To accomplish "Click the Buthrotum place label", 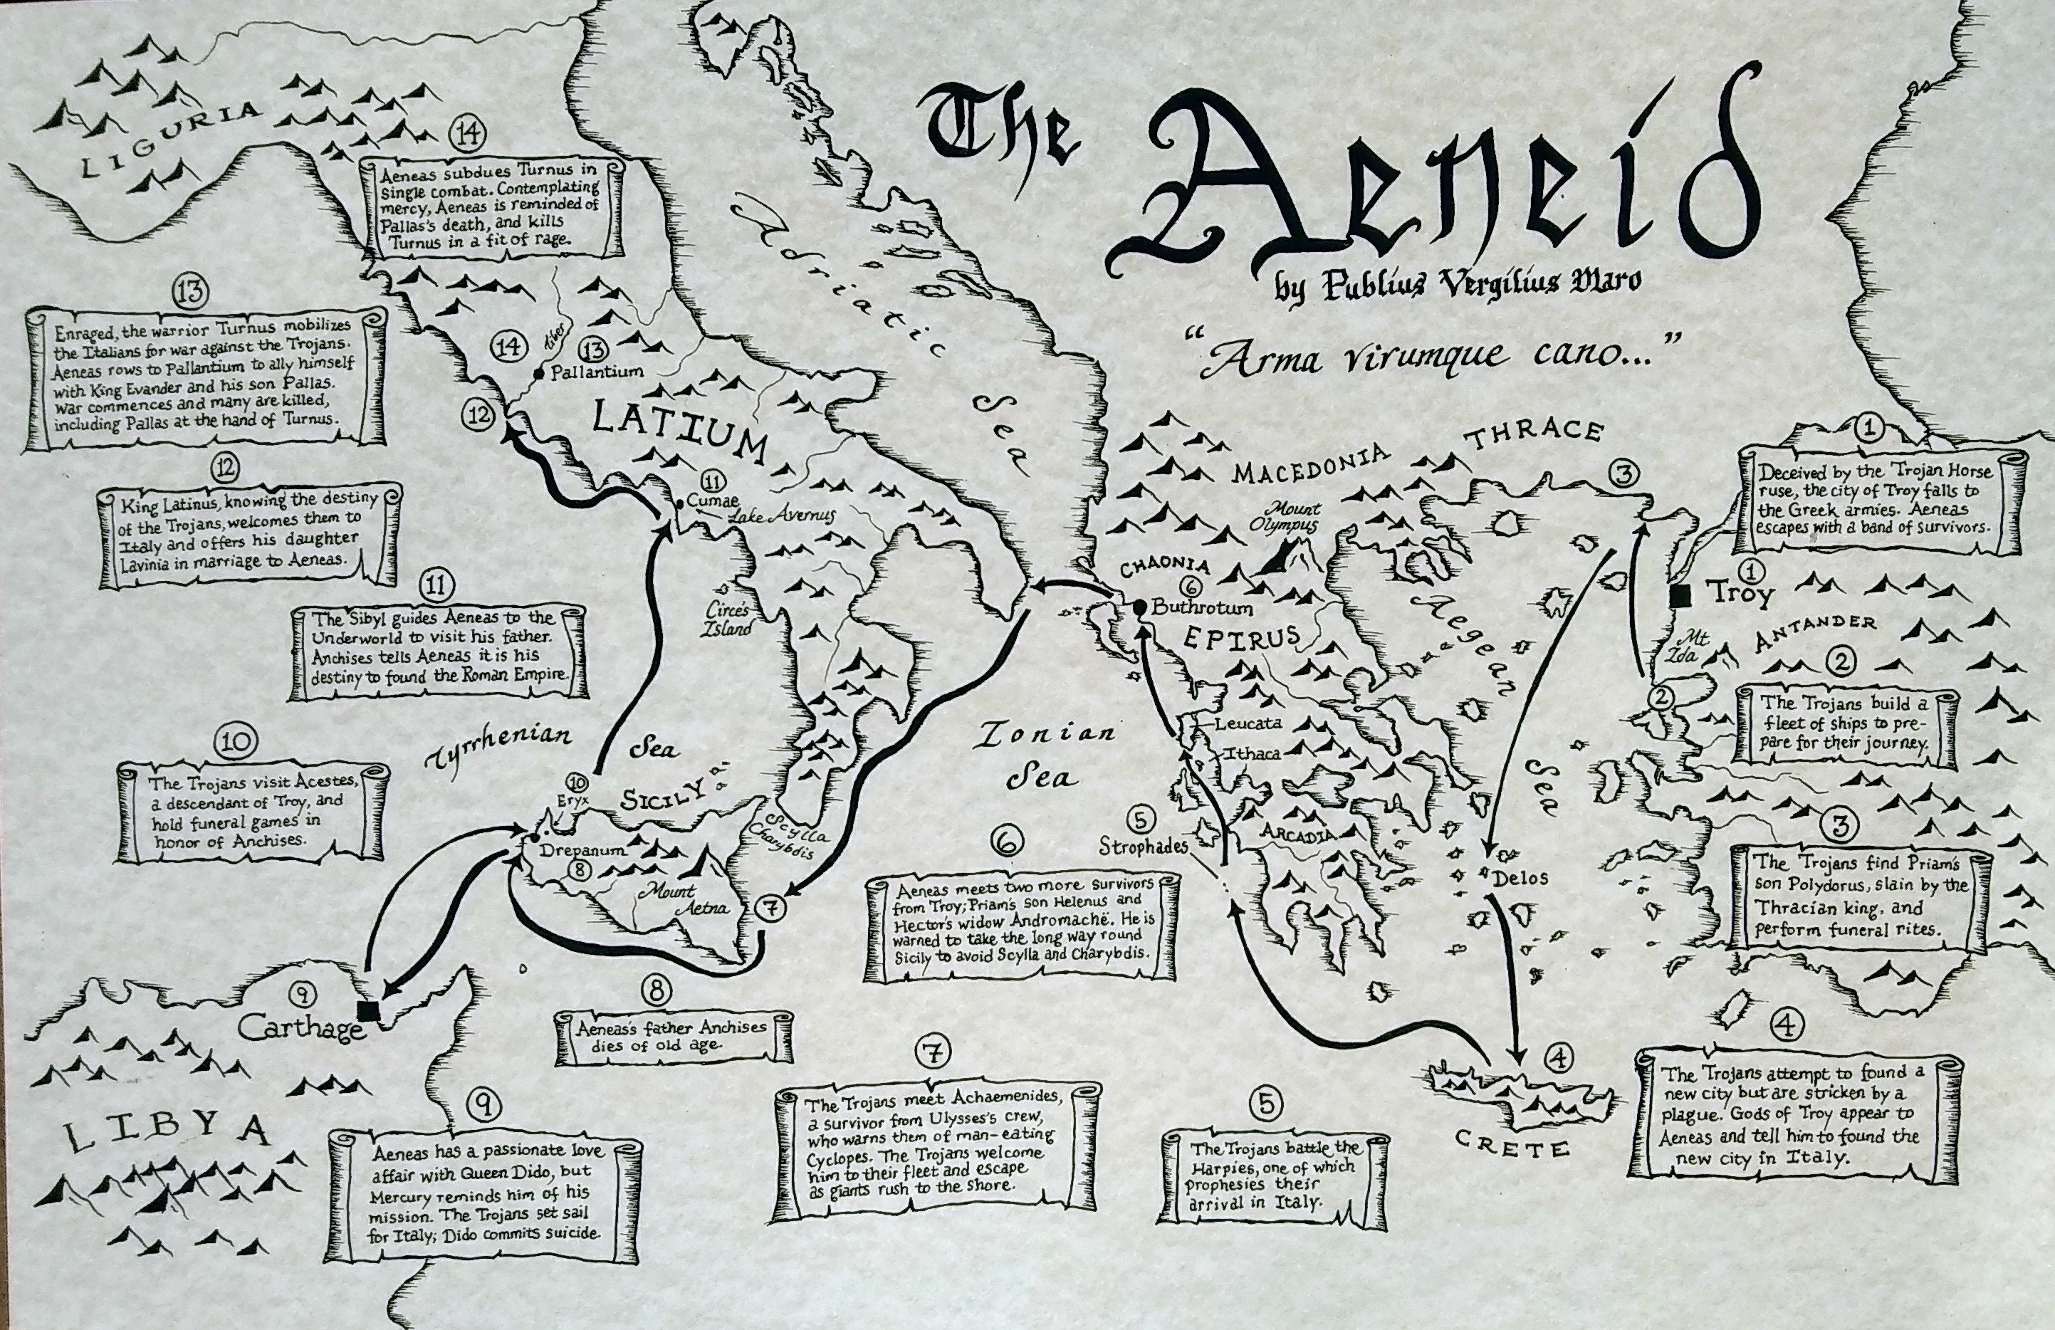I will tap(1201, 607).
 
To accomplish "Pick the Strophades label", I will tap(1144, 847).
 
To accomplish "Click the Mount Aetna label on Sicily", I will tap(686, 899).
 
